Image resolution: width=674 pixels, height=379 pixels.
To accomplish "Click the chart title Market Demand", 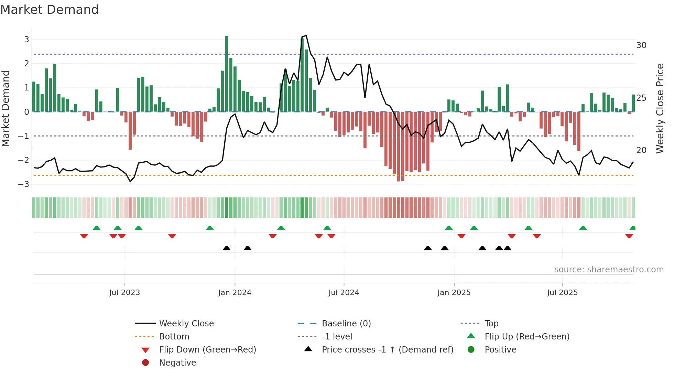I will click(50, 10).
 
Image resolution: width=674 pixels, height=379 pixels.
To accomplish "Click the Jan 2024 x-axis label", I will click(235, 293).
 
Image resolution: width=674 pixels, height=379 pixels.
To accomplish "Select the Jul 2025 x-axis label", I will click(562, 293).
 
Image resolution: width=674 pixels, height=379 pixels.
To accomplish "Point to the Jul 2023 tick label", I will click(124, 293).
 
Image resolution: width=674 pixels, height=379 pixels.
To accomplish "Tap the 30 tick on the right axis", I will click(641, 45).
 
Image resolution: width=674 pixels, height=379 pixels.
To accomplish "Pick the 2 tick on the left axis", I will click(26, 64).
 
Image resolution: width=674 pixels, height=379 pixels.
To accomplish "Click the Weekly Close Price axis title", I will click(660, 108).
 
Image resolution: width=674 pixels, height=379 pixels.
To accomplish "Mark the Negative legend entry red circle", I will click(145, 363).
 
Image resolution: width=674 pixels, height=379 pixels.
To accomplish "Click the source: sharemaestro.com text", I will click(609, 270).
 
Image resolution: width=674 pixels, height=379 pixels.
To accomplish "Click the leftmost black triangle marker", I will click(227, 248).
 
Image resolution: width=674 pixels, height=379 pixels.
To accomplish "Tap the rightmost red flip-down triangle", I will click(629, 236).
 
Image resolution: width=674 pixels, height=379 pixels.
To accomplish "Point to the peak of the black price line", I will click(306, 36).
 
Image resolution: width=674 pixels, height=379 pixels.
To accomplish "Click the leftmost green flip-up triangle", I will click(97, 228).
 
